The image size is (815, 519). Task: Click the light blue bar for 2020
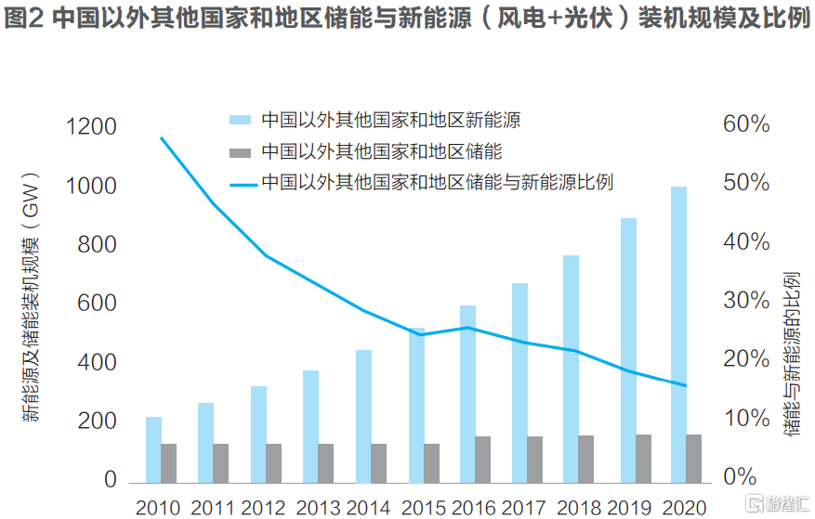coord(678,334)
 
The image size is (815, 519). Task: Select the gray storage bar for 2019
coord(642,459)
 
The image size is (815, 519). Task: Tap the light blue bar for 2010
coord(153,449)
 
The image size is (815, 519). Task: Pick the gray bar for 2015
coord(431,463)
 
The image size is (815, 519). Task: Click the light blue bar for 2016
coord(467,394)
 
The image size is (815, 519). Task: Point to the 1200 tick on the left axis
coord(90,127)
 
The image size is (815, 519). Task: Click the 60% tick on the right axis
coord(746,124)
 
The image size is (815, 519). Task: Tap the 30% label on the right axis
coord(746,301)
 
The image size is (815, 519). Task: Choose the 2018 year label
coord(581,507)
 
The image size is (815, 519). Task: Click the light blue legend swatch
coord(241,120)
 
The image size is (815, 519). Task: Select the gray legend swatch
coord(241,151)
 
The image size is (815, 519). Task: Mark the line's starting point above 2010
coord(162,138)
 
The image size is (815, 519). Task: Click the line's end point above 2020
coord(686,385)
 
